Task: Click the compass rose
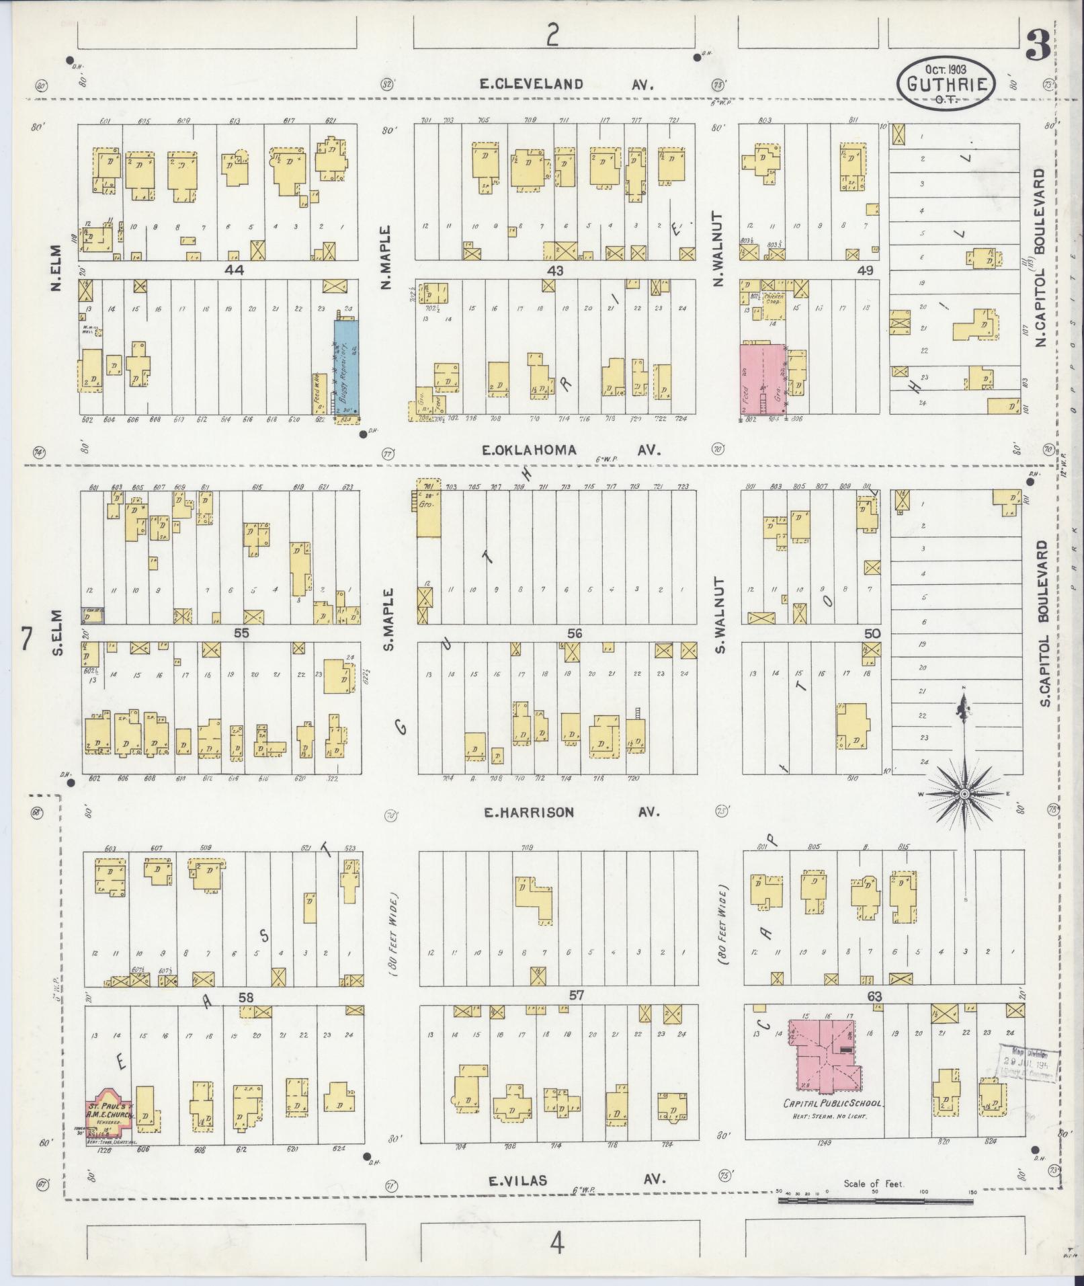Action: [x=964, y=794]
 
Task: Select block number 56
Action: [x=574, y=633]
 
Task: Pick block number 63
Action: [x=873, y=996]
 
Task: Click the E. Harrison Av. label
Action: [x=571, y=813]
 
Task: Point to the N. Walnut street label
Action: [x=718, y=250]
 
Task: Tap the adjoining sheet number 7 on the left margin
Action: [x=26, y=639]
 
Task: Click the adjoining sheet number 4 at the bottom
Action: [x=557, y=1244]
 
